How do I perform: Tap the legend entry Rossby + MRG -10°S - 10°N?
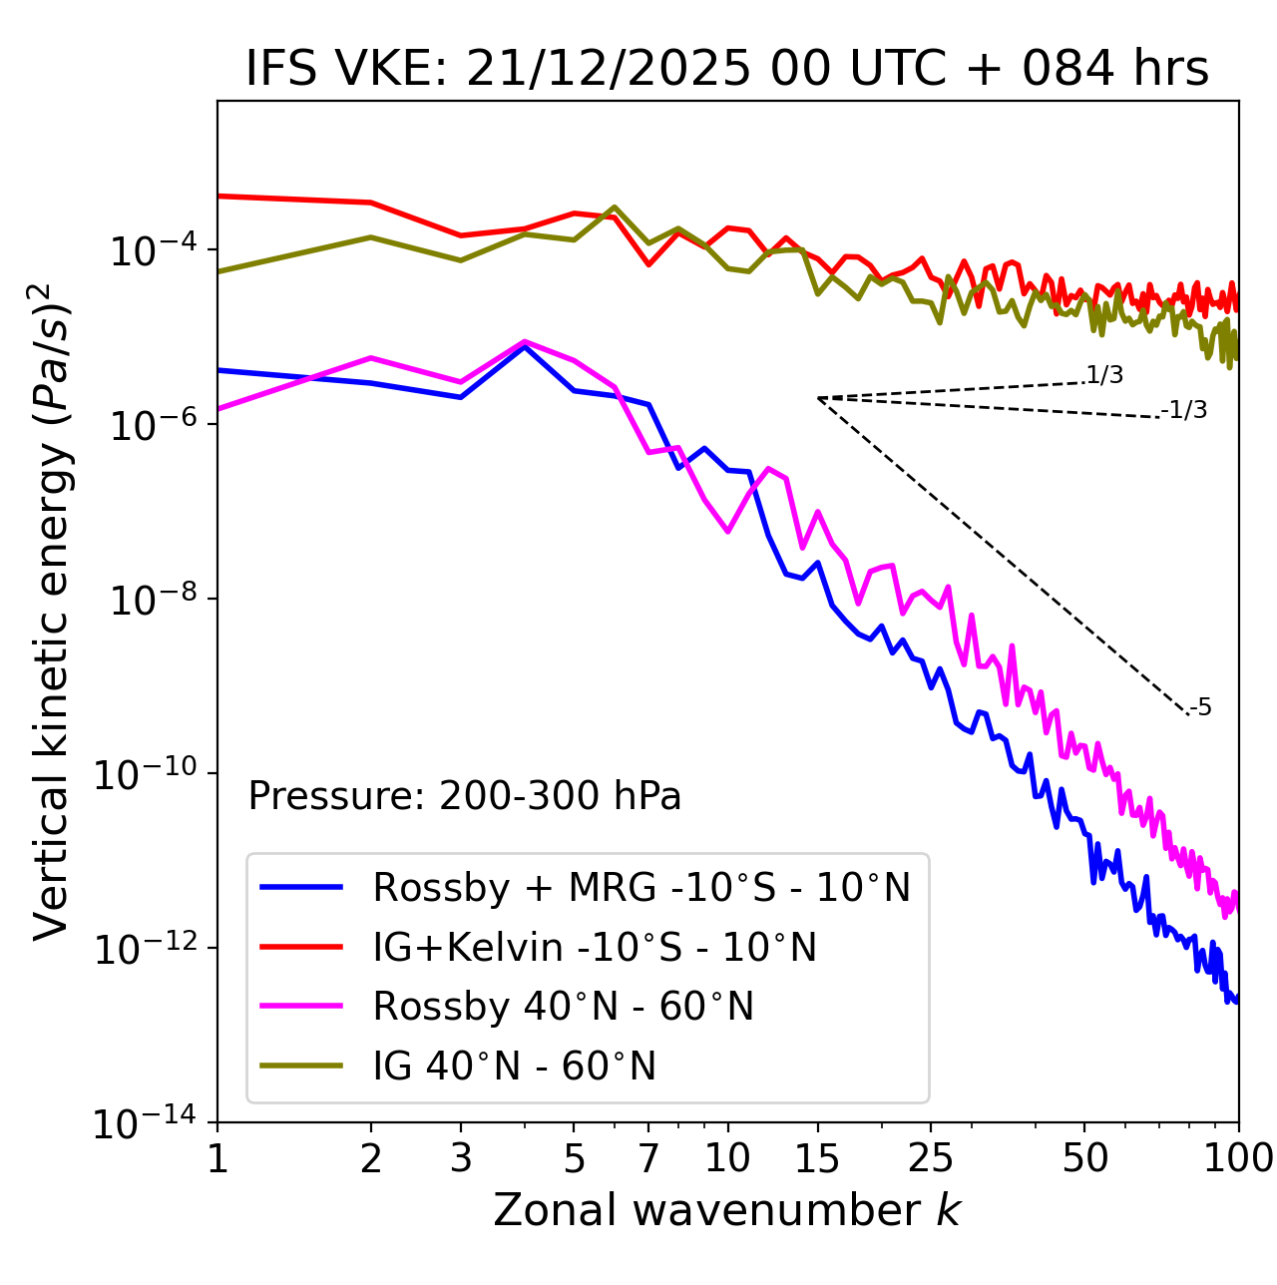pyautogui.click(x=641, y=887)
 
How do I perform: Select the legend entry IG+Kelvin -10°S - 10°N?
pyautogui.click(x=595, y=947)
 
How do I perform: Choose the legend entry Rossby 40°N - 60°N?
pyautogui.click(x=563, y=1007)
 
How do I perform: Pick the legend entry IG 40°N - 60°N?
pyautogui.click(x=514, y=1067)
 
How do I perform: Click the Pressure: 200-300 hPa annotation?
pyautogui.click(x=465, y=796)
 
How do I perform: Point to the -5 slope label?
pyautogui.click(x=1200, y=708)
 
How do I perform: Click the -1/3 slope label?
pyautogui.click(x=1184, y=410)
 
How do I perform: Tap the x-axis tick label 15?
pyautogui.click(x=817, y=1158)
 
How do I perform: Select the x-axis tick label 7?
pyautogui.click(x=648, y=1158)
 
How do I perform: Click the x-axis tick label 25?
pyautogui.click(x=931, y=1158)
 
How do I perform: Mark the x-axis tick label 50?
pyautogui.click(x=1084, y=1158)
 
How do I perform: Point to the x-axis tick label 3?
pyautogui.click(x=460, y=1158)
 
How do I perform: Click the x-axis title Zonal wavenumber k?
pyautogui.click(x=726, y=1210)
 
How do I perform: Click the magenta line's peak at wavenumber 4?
pyautogui.click(x=525, y=341)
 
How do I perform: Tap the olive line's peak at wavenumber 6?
pyautogui.click(x=615, y=208)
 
